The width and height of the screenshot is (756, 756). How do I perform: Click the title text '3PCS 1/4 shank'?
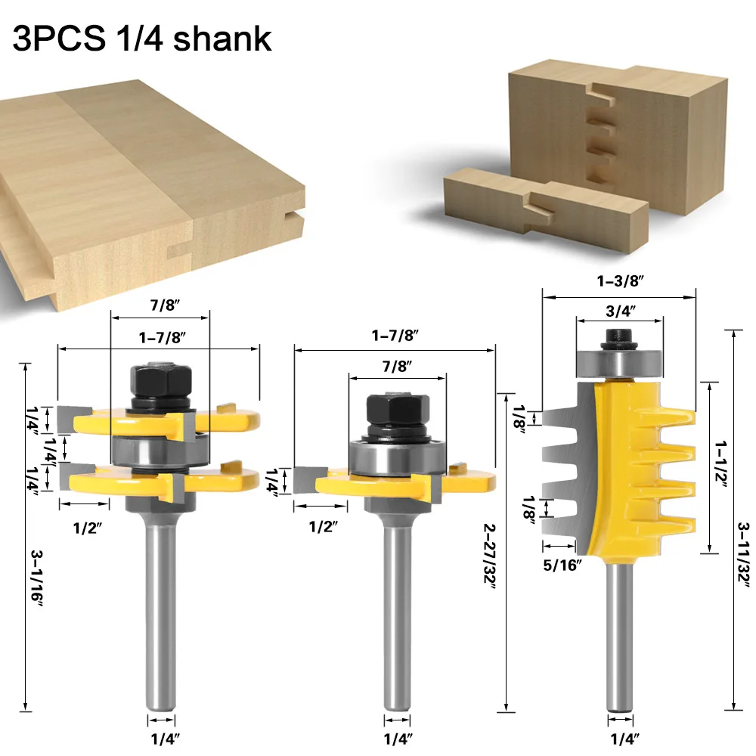pyautogui.click(x=142, y=38)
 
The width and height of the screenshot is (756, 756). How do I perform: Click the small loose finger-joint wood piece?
pyautogui.click(x=544, y=202)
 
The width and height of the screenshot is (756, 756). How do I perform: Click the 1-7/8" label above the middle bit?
pyautogui.click(x=395, y=334)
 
